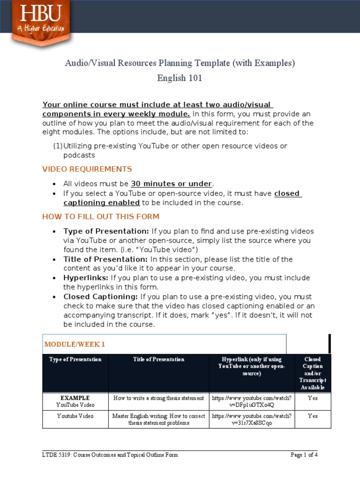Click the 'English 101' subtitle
click(180, 78)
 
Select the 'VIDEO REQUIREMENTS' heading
click(87, 169)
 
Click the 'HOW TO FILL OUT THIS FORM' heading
click(101, 217)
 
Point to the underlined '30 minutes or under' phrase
click(172, 184)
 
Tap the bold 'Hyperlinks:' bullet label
click(86, 278)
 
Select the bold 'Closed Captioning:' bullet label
click(101, 297)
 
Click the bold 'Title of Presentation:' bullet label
click(105, 259)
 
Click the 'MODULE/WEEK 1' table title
click(75, 345)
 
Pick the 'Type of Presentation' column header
click(75, 360)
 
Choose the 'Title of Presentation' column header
click(158, 360)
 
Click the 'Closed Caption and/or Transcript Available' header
click(312, 373)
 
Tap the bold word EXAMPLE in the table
click(75, 398)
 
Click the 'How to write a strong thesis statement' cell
click(158, 398)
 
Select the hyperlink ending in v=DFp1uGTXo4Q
click(252, 401)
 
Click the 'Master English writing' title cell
click(158, 419)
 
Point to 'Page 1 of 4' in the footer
click(304, 455)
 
